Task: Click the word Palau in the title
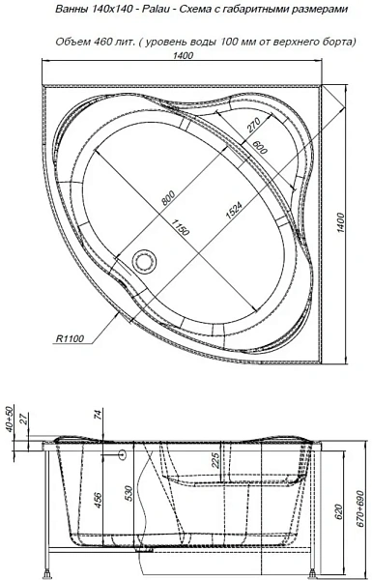coord(155,10)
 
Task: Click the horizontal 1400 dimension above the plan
coord(184,55)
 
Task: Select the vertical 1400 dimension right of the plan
coord(340,222)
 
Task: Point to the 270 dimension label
coord(254,125)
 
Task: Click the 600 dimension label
coord(261,148)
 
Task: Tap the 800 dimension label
coord(167,197)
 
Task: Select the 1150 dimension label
coord(181,226)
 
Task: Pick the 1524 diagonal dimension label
coord(233,211)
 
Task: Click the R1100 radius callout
coord(70,338)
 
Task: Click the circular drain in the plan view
coord(144,260)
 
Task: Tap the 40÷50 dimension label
coord(10,419)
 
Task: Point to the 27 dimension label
coord(23,419)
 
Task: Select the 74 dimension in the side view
coord(99,415)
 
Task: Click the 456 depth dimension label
coord(99,500)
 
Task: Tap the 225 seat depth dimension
coord(215,460)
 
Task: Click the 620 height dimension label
coord(340,512)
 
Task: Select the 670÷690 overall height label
coord(363,510)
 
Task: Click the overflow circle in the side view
coord(122,454)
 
